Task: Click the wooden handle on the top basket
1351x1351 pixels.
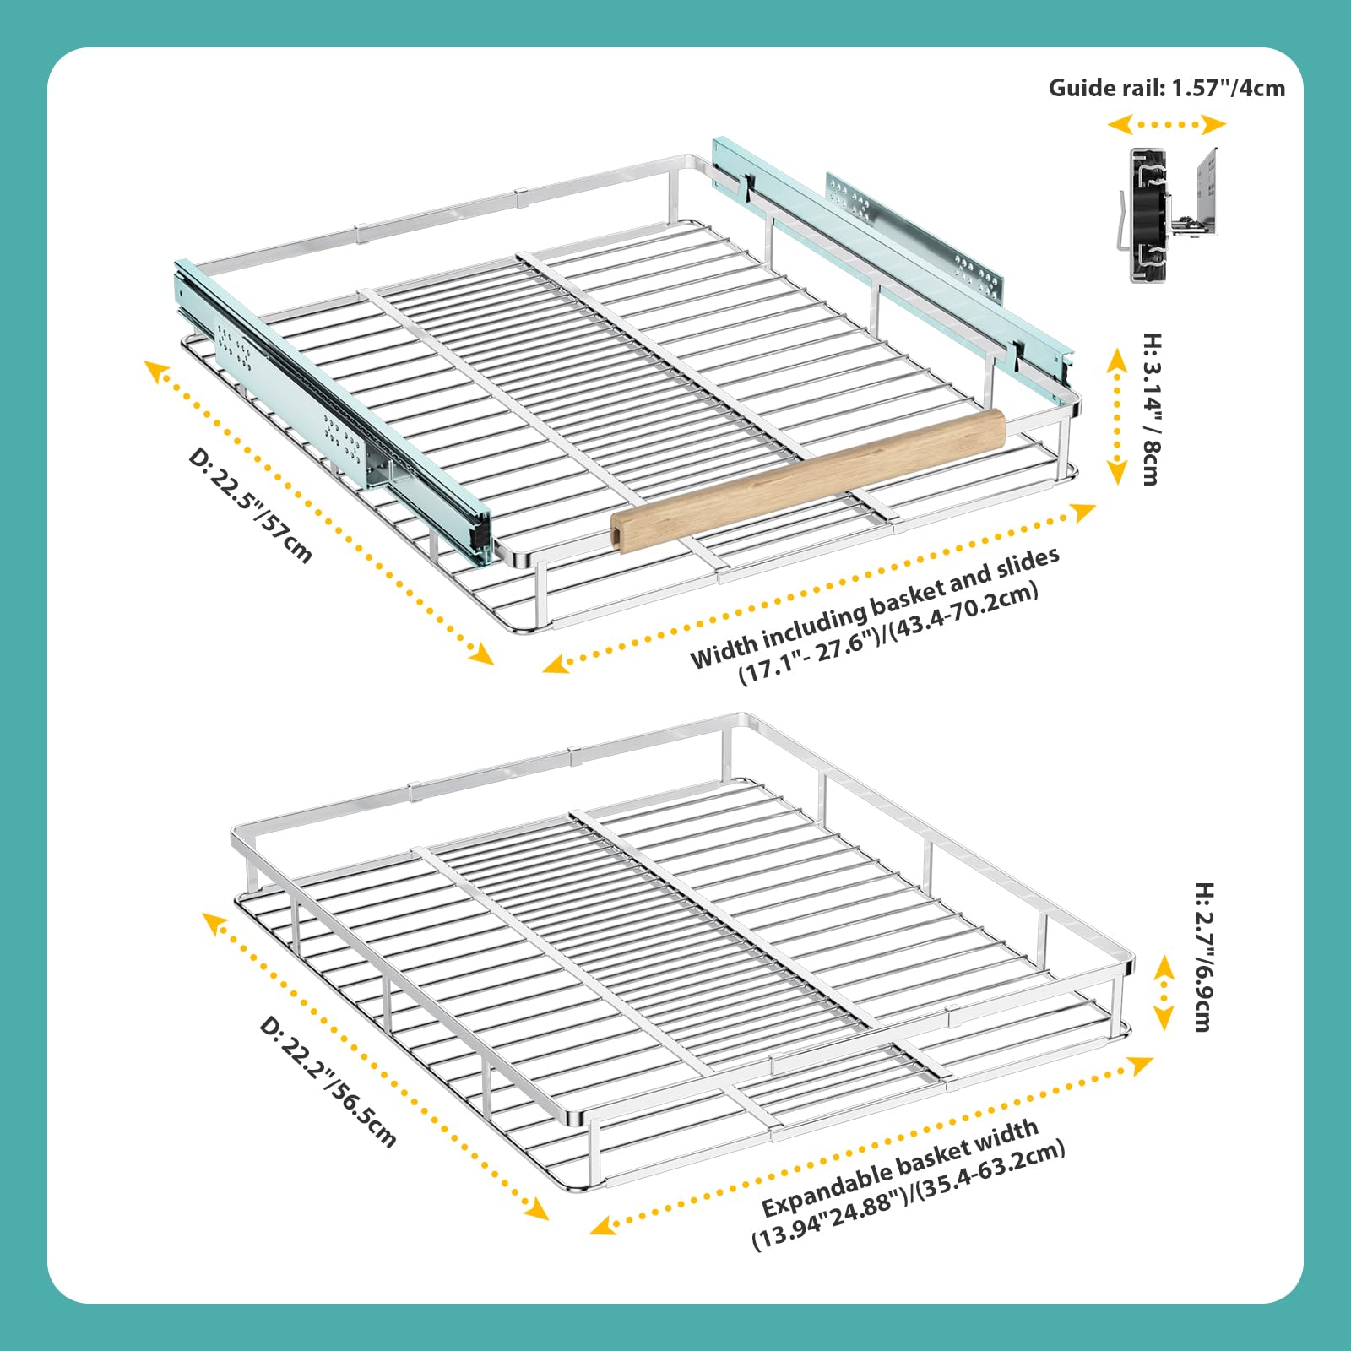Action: click(808, 480)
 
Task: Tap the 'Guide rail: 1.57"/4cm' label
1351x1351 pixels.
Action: click(1166, 88)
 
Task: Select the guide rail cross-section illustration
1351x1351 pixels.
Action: click(1173, 214)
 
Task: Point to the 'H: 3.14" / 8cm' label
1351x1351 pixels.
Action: click(1151, 409)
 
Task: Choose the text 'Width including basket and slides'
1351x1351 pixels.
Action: click(874, 605)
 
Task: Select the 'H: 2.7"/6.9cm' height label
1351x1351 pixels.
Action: click(1203, 957)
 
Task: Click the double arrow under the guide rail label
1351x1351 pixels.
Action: click(1166, 125)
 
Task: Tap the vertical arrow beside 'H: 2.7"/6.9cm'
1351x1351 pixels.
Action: click(1164, 993)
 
